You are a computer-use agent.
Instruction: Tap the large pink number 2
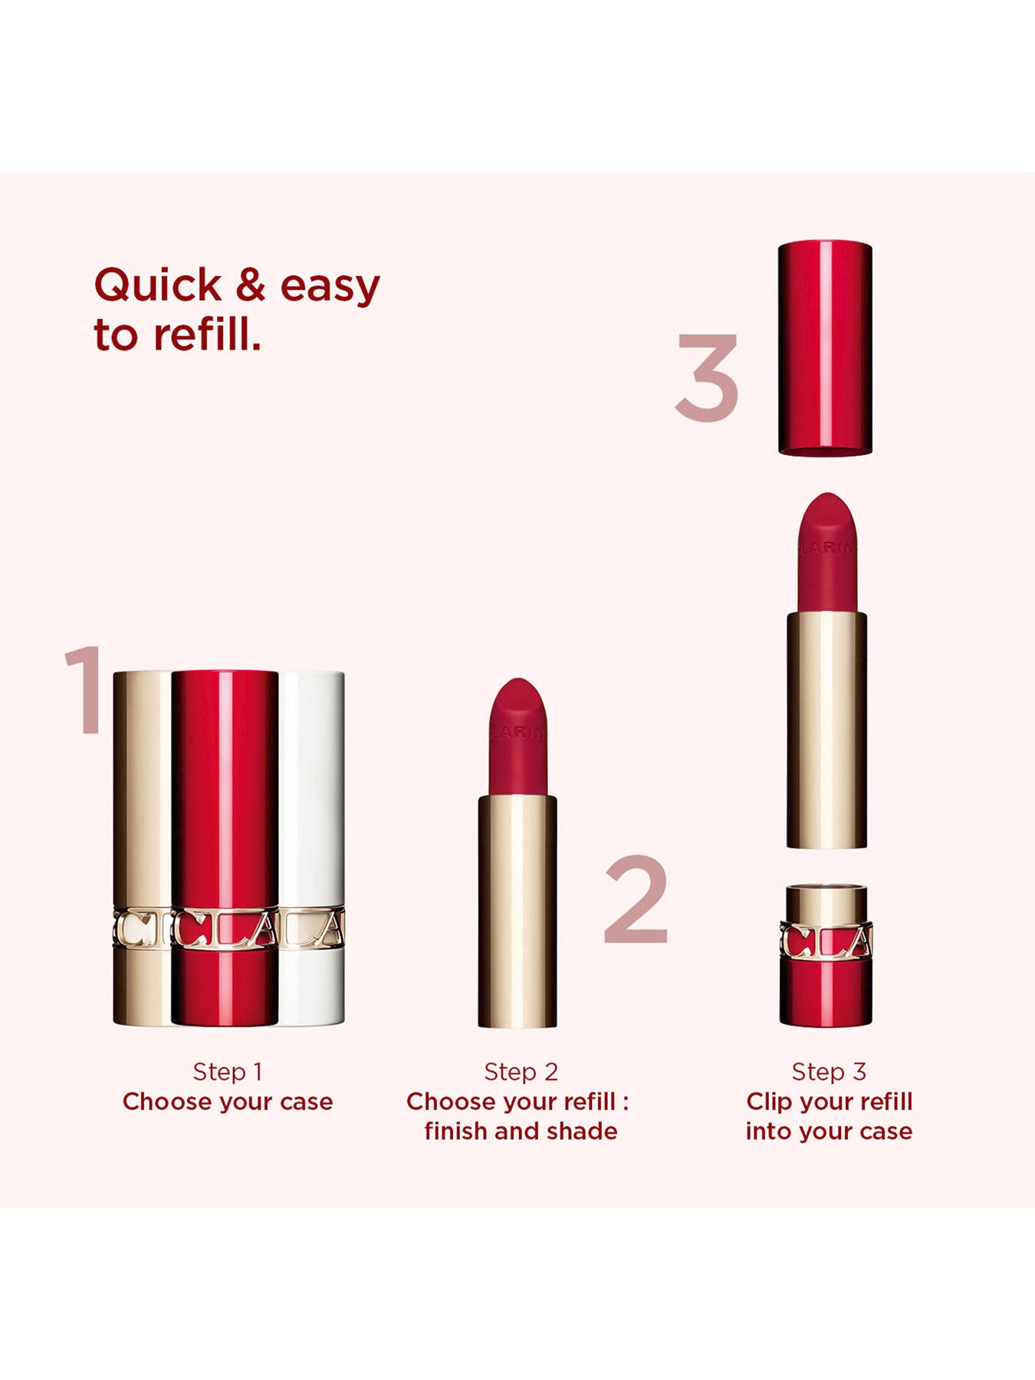pos(636,899)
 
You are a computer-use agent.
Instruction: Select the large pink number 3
pos(707,377)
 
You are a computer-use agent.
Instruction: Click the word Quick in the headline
pos(158,286)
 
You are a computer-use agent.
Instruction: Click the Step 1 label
pos(228,1072)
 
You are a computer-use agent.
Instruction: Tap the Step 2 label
pos(521,1072)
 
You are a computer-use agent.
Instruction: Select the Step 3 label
pos(829,1072)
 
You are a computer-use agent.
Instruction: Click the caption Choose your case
pos(228,1102)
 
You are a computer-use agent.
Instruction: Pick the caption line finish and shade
pos(521,1131)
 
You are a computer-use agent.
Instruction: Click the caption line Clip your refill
pos(829,1102)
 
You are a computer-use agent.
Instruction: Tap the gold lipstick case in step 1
pos(143,848)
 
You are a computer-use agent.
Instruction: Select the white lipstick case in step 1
pos(310,848)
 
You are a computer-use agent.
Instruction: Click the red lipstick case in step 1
pos(225,848)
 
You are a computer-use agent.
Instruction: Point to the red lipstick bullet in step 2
pos(517,737)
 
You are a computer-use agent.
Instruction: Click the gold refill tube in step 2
pos(517,912)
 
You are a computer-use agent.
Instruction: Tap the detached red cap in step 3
pos(825,348)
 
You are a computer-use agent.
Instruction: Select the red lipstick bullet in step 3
pos(826,552)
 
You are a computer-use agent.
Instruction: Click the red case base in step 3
pos(826,955)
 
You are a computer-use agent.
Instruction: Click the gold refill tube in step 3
pos(826,730)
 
